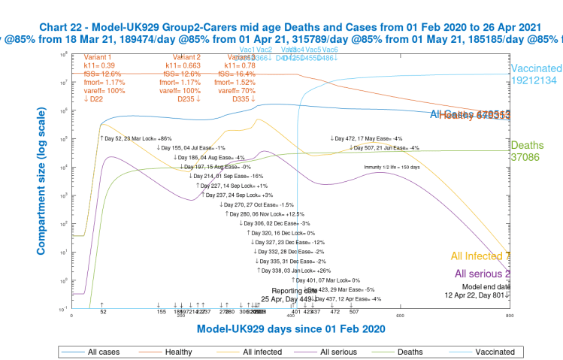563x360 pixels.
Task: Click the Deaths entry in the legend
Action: pyautogui.click(x=417, y=351)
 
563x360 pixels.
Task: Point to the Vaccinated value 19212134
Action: pyautogui.click(x=536, y=80)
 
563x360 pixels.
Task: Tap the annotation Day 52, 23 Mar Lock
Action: pyautogui.click(x=136, y=138)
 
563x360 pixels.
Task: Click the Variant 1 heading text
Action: pyautogui.click(x=98, y=56)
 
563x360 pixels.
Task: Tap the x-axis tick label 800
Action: pyautogui.click(x=510, y=316)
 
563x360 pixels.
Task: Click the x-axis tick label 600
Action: pyautogui.click(x=400, y=316)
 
